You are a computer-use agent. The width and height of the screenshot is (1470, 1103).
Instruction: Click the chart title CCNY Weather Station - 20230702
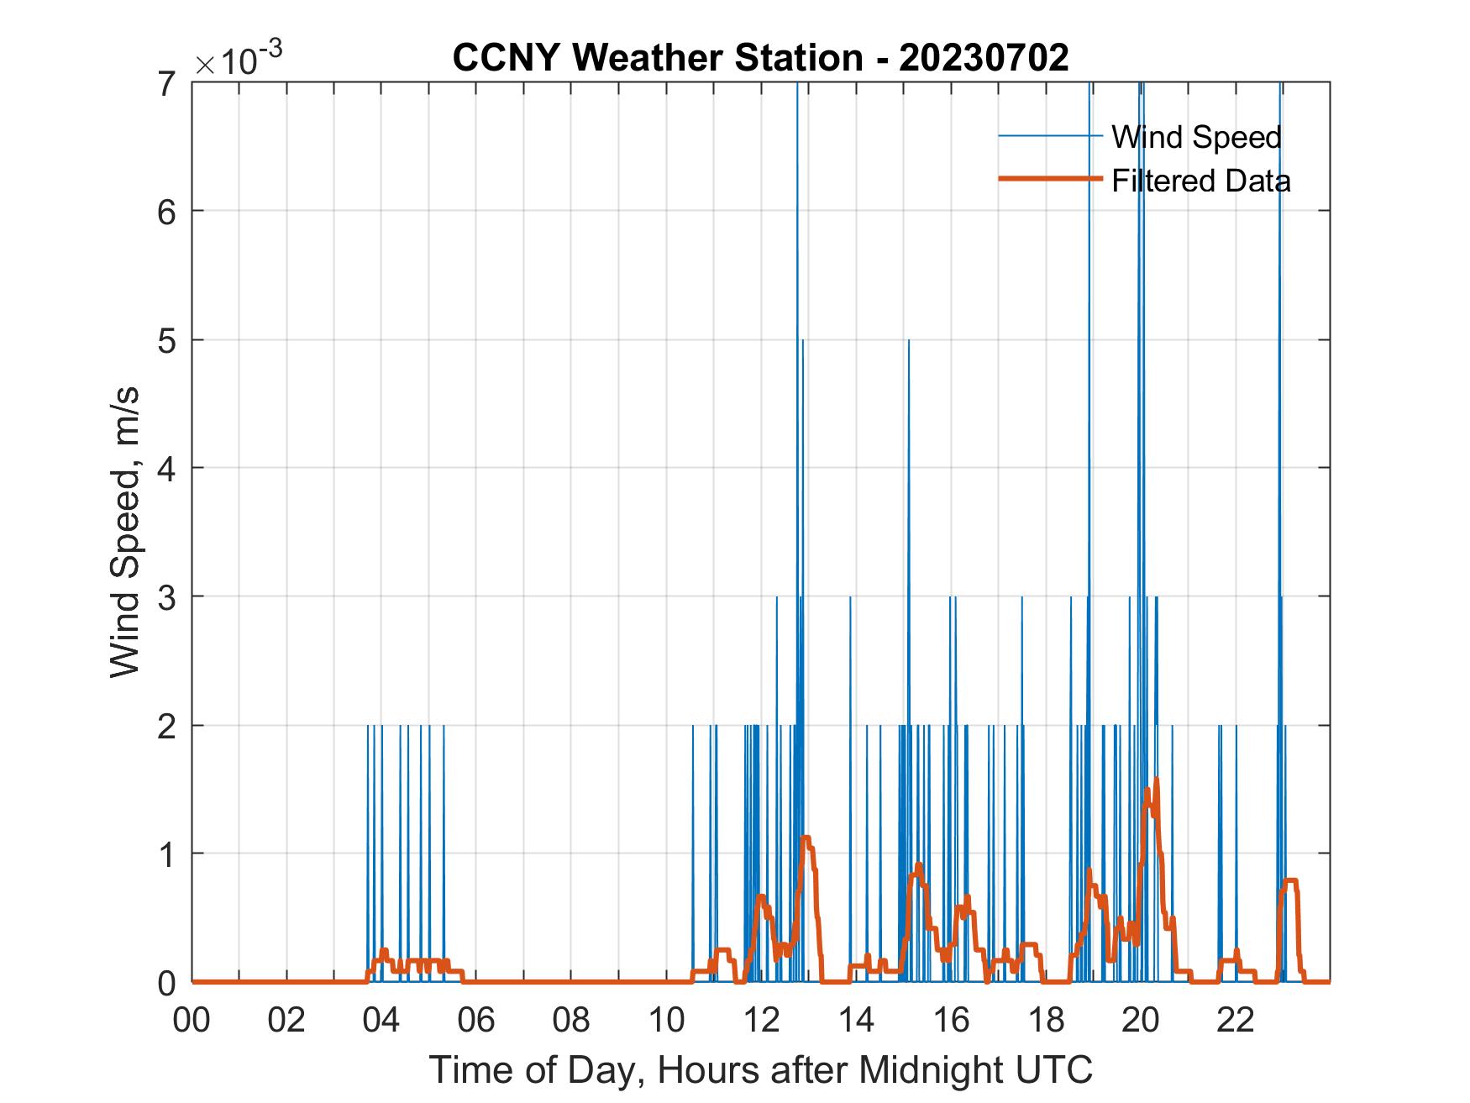[x=760, y=58]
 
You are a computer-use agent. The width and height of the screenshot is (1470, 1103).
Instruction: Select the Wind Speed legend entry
[x=1196, y=137]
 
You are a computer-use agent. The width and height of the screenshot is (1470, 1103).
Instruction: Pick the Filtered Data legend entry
[x=1200, y=181]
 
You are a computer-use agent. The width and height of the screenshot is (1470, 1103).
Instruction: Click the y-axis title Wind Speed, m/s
[x=125, y=532]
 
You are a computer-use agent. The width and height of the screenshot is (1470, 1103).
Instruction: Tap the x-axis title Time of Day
[x=760, y=1069]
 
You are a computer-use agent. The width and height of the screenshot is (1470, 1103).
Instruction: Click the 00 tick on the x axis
[x=192, y=1020]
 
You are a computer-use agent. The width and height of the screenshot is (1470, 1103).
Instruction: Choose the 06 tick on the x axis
[x=476, y=1020]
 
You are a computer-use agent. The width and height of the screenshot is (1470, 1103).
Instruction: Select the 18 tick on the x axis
[x=1046, y=1020]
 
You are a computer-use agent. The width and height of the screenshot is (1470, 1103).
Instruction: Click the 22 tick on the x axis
[x=1236, y=1020]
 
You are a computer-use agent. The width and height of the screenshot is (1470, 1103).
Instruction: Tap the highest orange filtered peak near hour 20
[x=1156, y=780]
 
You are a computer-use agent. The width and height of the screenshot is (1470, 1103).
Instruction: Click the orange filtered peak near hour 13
[x=806, y=838]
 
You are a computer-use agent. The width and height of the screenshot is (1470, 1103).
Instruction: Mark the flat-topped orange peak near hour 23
[x=1289, y=880]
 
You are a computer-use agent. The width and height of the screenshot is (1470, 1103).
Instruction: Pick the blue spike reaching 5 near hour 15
[x=908, y=342]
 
